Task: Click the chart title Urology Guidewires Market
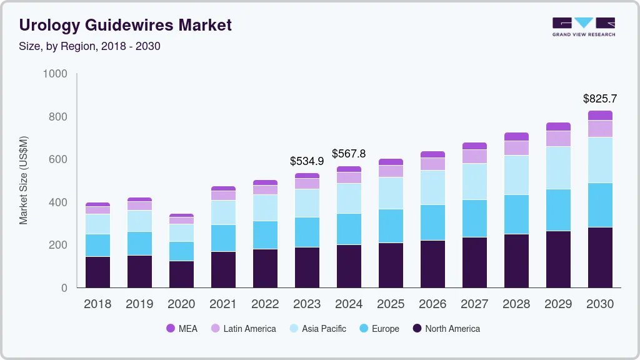click(x=125, y=25)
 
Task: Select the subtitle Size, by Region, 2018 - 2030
click(x=89, y=46)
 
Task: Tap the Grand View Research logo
click(x=583, y=26)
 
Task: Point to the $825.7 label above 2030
click(x=599, y=98)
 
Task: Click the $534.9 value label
click(x=307, y=161)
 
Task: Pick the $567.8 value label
click(x=349, y=153)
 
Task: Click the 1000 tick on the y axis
click(x=55, y=74)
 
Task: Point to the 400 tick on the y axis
click(x=58, y=202)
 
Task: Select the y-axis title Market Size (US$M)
click(x=23, y=180)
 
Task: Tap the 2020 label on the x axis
click(x=181, y=304)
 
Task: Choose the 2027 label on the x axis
click(x=474, y=304)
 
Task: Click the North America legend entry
click(x=446, y=329)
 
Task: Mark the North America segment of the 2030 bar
click(x=600, y=257)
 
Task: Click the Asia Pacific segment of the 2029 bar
click(x=558, y=167)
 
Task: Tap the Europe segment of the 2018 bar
click(x=97, y=245)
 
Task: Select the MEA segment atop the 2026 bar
click(x=432, y=154)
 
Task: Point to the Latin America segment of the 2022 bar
click(x=265, y=190)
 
